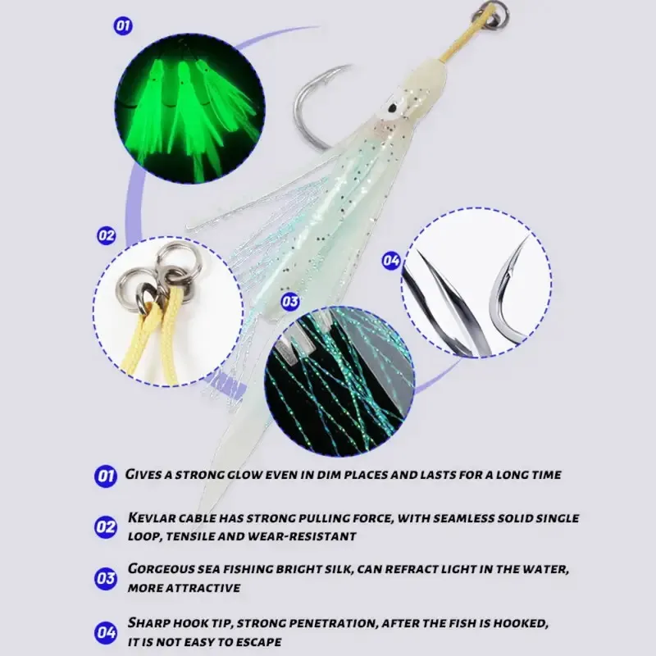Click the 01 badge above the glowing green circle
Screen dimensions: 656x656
(123, 26)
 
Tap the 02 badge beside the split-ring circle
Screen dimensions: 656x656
(107, 235)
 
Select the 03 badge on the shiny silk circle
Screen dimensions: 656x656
(290, 302)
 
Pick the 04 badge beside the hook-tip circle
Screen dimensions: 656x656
(391, 261)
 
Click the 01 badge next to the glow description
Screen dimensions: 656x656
(106, 476)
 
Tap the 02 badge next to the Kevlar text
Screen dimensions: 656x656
(106, 527)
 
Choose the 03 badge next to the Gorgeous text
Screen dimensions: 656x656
(106, 579)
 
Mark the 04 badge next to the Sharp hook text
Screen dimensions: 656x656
(106, 632)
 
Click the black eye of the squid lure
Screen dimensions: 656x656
(392, 107)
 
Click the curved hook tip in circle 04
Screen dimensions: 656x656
(526, 239)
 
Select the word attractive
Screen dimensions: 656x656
(203, 588)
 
